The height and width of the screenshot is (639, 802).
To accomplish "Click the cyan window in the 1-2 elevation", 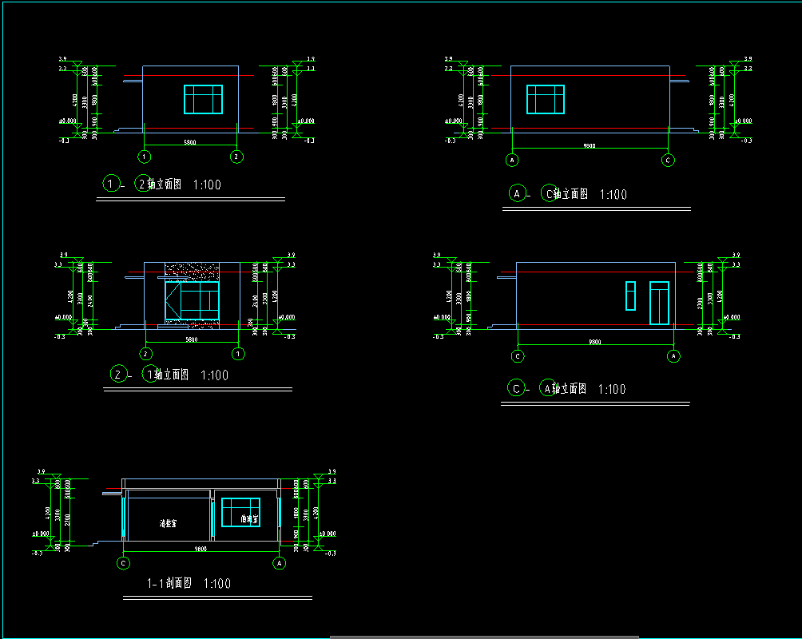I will click(x=203, y=99).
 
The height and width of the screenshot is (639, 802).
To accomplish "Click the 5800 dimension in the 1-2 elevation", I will click(x=190, y=142).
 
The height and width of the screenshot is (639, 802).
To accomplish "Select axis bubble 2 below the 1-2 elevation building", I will click(x=236, y=156).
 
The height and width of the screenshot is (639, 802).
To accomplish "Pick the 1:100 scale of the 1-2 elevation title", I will click(x=207, y=185).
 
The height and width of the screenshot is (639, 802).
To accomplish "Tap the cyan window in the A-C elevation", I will click(x=546, y=99).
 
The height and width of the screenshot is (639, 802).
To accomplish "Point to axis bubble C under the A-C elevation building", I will click(x=669, y=160).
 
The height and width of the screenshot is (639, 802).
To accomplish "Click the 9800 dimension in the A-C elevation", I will click(x=590, y=146).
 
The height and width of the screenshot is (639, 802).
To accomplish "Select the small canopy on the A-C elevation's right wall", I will click(x=679, y=80).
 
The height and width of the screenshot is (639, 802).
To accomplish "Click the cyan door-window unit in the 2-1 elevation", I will click(x=192, y=300).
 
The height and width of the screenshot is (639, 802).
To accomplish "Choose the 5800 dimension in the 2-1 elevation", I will click(x=191, y=339).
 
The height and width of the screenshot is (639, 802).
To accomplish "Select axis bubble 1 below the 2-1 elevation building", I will click(x=237, y=353).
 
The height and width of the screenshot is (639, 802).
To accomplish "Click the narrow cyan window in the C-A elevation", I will click(x=630, y=295).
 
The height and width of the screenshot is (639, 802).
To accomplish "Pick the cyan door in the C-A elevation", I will click(x=659, y=303).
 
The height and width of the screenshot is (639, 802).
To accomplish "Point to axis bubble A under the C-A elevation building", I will click(x=673, y=355).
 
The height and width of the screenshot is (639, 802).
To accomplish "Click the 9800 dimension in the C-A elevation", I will click(x=595, y=342).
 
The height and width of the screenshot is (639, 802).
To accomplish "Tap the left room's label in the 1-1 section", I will click(x=168, y=525).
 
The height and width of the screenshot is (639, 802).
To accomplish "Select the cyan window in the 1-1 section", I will click(x=240, y=512).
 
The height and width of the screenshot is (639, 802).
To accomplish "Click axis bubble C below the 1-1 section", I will click(x=124, y=563).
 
